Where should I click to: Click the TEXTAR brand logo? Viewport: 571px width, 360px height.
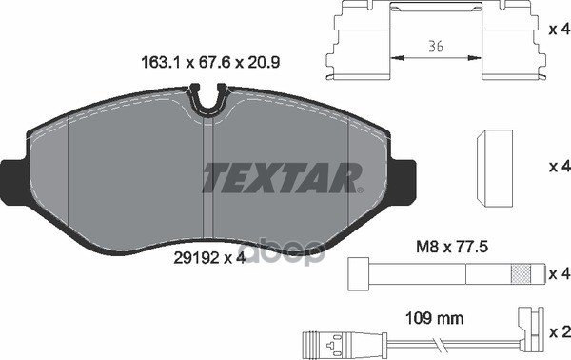pos(282,177)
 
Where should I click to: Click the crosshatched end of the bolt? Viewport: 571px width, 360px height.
pos(522,273)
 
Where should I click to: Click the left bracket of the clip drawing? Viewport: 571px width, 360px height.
pos(361,44)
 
